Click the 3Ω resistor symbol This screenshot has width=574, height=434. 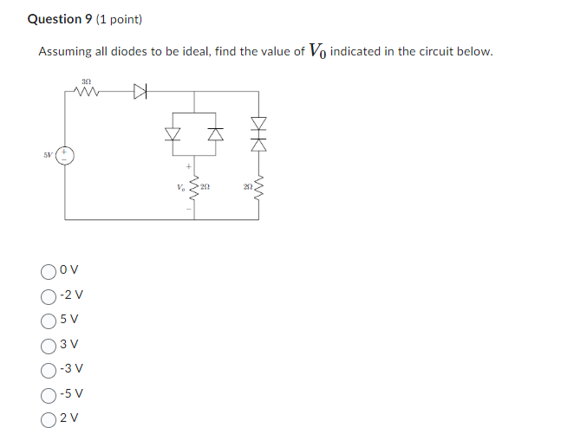pyautogui.click(x=87, y=89)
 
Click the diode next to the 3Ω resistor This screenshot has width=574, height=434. pyautogui.click(x=140, y=89)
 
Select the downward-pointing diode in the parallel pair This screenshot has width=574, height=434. pyautogui.click(x=173, y=134)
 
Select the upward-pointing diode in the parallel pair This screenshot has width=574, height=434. pyautogui.click(x=212, y=134)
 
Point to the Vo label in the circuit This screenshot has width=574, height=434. pyautogui.click(x=180, y=185)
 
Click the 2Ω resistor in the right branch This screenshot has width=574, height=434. pyautogui.click(x=258, y=187)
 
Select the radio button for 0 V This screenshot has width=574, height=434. pyautogui.click(x=48, y=269)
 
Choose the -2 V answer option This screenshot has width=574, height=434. pyautogui.click(x=48, y=295)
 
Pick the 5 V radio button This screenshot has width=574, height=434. pyautogui.click(x=48, y=320)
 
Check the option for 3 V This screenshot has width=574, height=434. pyautogui.click(x=48, y=344)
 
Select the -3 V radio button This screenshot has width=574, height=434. pyautogui.click(x=48, y=369)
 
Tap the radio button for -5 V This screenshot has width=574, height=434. pyautogui.click(x=48, y=394)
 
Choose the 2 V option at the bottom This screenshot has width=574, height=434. pyautogui.click(x=48, y=418)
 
